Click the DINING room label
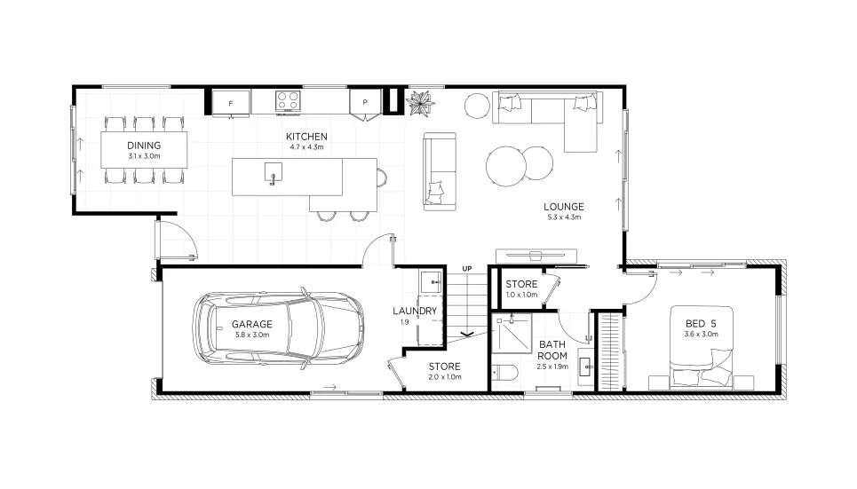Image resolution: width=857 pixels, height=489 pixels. point(144,146)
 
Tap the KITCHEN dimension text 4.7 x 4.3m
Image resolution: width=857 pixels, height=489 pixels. point(306,147)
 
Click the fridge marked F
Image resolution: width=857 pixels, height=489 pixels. point(231,103)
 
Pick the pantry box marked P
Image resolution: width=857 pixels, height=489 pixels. point(365,102)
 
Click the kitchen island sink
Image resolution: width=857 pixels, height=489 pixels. point(274,172)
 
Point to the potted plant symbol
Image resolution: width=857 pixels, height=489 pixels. point(420,102)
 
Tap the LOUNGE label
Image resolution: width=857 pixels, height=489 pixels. point(564,207)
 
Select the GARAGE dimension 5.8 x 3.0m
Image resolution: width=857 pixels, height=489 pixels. point(252,335)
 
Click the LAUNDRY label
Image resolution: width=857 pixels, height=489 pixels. point(415,311)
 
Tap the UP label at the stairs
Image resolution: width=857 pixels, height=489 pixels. point(467,269)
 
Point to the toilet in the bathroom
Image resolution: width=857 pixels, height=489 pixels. point(504,373)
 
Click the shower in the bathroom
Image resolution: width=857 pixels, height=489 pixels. point(512,334)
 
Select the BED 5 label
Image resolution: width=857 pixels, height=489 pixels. point(701,323)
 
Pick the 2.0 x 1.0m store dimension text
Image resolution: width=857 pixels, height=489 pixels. point(445,377)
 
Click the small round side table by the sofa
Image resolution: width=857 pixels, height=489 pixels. point(477,106)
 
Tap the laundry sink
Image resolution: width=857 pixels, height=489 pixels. point(431,282)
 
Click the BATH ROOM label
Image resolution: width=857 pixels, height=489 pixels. point(552,351)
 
